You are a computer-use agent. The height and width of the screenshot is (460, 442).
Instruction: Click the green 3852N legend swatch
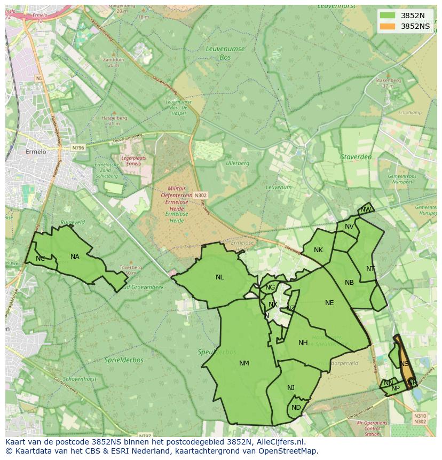tap(388, 15)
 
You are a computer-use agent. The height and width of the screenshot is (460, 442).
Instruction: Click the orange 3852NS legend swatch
tap(388, 26)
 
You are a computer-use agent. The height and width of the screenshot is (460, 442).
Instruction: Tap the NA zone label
tap(75, 257)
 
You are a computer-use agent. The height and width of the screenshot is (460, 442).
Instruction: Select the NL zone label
tap(220, 277)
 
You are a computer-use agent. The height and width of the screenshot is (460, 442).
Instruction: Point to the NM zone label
tap(244, 363)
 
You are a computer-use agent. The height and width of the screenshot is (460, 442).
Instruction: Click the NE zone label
tap(329, 303)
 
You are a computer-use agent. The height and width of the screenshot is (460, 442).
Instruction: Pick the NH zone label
tap(303, 343)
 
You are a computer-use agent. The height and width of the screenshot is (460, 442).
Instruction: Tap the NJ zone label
tap(291, 388)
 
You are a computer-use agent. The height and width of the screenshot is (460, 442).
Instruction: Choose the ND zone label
tap(296, 408)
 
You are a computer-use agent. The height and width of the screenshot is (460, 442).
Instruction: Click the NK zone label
tap(318, 250)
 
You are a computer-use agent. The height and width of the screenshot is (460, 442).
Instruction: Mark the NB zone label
tap(349, 283)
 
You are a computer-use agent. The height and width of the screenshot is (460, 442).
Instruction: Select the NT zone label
tap(370, 268)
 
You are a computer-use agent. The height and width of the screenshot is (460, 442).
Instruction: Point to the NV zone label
tap(349, 227)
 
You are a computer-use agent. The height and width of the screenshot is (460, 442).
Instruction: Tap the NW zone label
tap(365, 209)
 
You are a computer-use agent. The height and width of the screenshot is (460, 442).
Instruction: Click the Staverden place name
tap(356, 157)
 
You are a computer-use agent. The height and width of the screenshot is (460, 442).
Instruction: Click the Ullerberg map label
tap(238, 163)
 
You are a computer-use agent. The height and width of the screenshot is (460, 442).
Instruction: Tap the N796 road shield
tap(78, 147)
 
